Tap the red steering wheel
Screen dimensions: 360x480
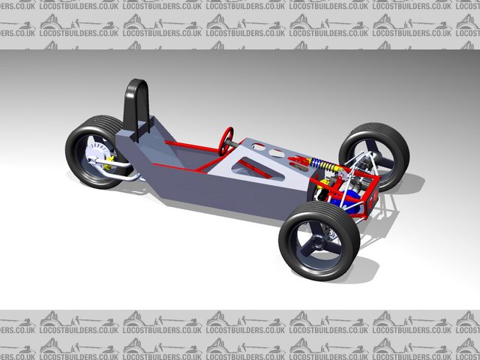[x=226, y=141]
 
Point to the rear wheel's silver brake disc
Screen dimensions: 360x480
[x=97, y=158]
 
